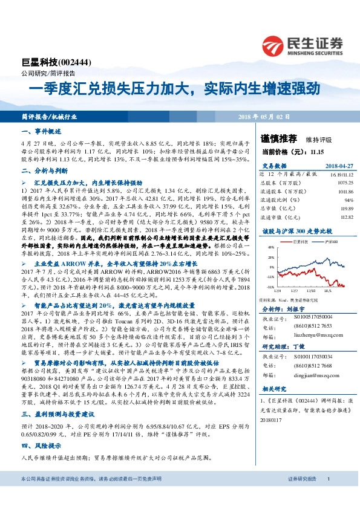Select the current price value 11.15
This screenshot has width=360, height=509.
tap(316, 151)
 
